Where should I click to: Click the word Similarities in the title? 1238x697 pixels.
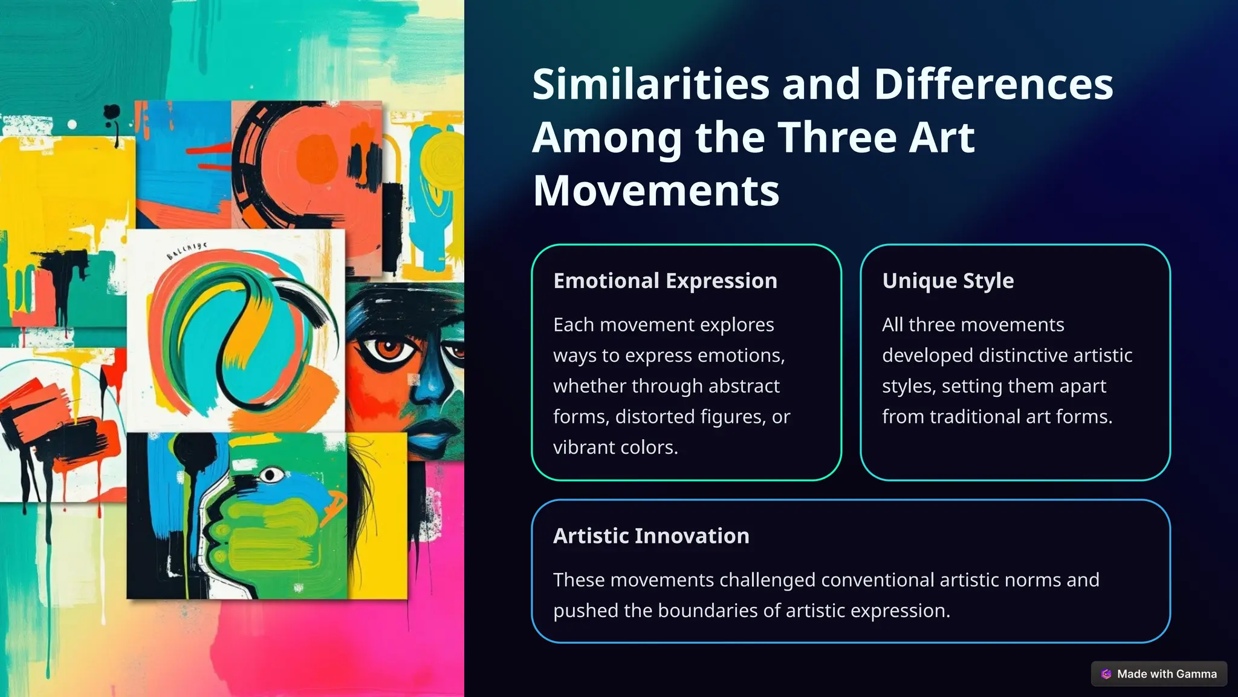[650, 84]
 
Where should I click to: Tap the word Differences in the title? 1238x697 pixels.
[993, 84]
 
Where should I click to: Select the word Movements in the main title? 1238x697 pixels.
[656, 191]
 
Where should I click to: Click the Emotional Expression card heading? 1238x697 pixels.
[665, 281]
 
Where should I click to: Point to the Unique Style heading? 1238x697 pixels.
[947, 281]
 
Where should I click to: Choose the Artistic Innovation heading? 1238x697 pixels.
[651, 536]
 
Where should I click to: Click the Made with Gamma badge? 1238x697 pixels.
[1159, 674]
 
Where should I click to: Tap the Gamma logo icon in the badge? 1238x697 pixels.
[1106, 674]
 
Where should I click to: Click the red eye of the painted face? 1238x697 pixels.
[389, 349]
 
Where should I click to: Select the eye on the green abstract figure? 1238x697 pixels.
[271, 475]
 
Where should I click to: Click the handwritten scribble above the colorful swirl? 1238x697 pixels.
[187, 250]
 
